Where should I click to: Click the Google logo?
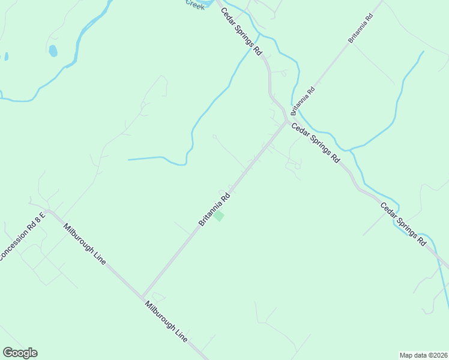[x=20, y=353]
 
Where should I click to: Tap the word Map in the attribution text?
[x=407, y=355]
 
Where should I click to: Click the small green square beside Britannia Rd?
[x=220, y=216]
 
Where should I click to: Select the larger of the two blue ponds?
[x=53, y=50]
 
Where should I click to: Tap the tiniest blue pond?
[x=7, y=56]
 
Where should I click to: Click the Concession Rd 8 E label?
[x=22, y=236]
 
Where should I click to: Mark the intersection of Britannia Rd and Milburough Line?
[x=142, y=296]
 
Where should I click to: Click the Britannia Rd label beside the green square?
[x=214, y=209]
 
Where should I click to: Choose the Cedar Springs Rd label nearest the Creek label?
[x=241, y=32]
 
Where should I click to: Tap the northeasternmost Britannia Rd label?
[x=361, y=28]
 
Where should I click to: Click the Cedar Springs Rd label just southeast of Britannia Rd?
[x=315, y=143]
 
